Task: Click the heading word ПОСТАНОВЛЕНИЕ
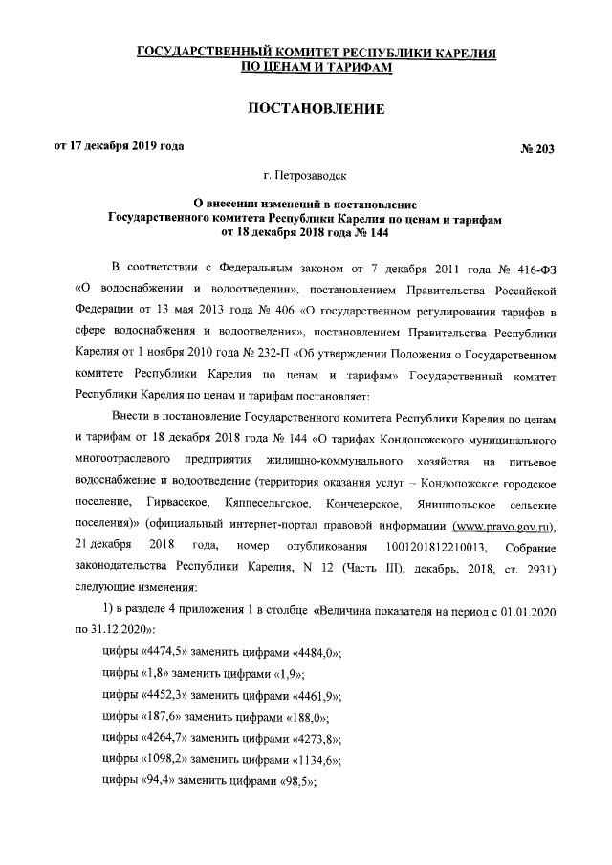click(x=316, y=109)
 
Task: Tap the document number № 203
click(x=535, y=148)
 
